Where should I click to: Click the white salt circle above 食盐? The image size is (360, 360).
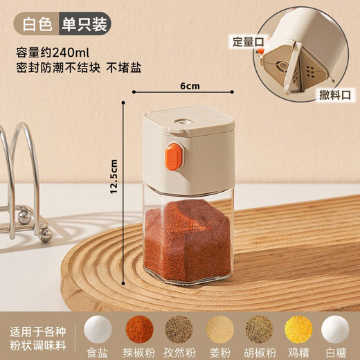pos(98,328)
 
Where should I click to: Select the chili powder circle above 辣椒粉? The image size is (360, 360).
pos(139,328)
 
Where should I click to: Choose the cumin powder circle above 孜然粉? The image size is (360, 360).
pos(180,328)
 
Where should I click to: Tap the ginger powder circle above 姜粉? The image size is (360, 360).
pos(220,328)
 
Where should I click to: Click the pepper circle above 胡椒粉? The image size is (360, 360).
pos(260,328)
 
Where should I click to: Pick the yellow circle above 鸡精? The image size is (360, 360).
pos(300,328)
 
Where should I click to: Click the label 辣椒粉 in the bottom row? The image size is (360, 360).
pos(139,351)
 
